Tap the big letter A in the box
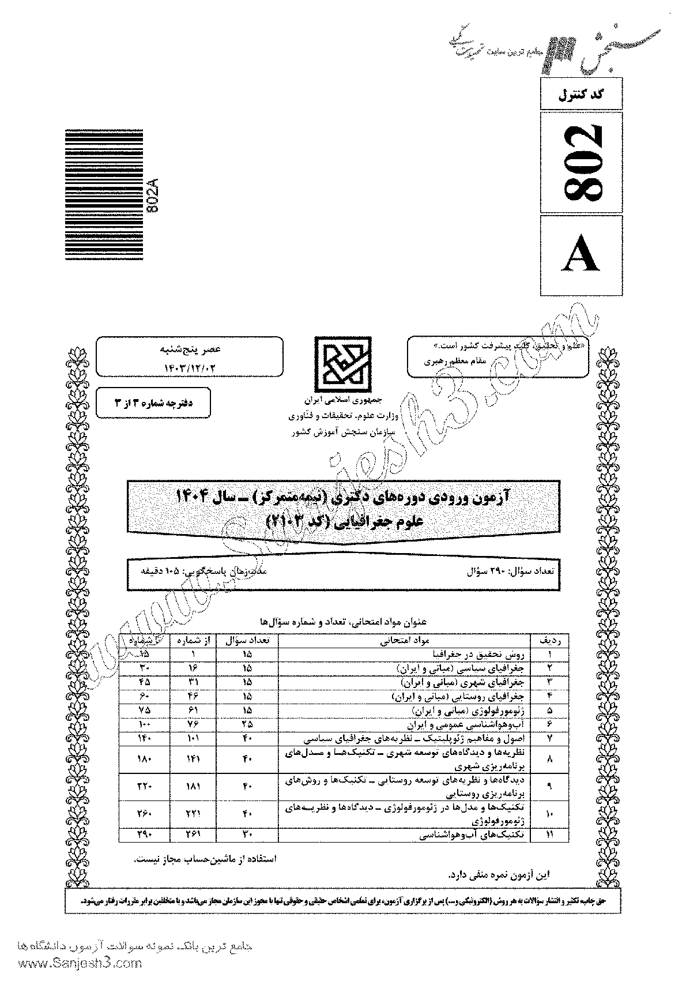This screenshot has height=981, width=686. click(582, 254)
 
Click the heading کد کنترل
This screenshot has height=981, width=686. click(582, 94)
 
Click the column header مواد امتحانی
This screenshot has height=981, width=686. click(404, 641)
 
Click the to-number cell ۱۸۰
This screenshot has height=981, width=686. click(145, 760)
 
